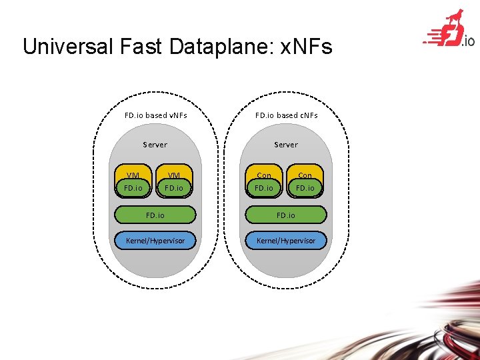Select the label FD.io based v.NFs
pyautogui.click(x=156, y=115)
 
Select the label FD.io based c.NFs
pyautogui.click(x=287, y=115)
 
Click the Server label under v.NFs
pyautogui.click(x=155, y=145)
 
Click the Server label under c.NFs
pyautogui.click(x=286, y=145)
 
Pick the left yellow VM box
pyautogui.click(x=133, y=181)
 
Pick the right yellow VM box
pyautogui.click(x=174, y=181)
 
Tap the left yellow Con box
pyautogui.click(x=264, y=181)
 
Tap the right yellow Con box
pyautogui.click(x=305, y=181)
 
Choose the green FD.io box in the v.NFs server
pyautogui.click(x=155, y=215)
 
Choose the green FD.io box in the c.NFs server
pyautogui.click(x=286, y=215)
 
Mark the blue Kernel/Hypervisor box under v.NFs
pyautogui.click(x=155, y=240)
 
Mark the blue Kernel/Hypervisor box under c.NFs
pyautogui.click(x=286, y=240)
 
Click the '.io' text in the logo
pyautogui.click(x=468, y=41)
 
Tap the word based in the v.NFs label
pyautogui.click(x=156, y=115)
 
